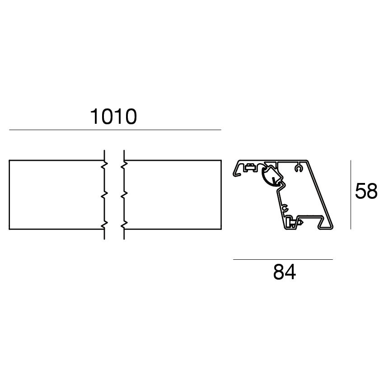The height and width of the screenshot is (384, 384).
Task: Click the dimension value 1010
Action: tap(113, 117)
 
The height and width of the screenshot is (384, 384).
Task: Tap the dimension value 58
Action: tap(366, 192)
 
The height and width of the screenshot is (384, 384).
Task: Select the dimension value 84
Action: tap(285, 272)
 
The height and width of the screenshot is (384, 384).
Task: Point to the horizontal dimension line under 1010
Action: tap(115, 130)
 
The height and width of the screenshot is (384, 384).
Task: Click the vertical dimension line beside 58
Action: tap(351, 194)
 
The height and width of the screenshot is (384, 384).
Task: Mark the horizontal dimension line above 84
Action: tap(283, 259)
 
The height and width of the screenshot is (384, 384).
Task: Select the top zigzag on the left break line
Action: tap(103, 164)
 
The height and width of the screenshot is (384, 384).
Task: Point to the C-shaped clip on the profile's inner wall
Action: tap(285, 208)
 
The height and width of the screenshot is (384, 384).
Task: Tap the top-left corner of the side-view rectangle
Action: tap(9, 160)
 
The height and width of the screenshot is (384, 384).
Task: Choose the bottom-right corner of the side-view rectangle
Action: tap(221, 229)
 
